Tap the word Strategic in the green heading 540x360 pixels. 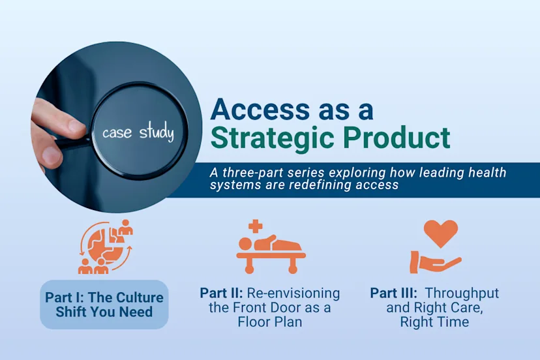tap(277, 138)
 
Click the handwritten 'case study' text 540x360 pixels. tap(138, 133)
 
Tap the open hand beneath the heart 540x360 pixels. tap(435, 262)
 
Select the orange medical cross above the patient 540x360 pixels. tap(256, 226)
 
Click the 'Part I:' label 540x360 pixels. tap(65, 298)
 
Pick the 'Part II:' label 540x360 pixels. tap(222, 293)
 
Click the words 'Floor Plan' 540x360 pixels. tap(270, 322)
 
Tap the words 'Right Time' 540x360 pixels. tap(434, 322)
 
